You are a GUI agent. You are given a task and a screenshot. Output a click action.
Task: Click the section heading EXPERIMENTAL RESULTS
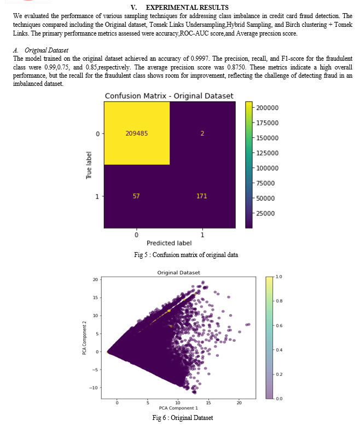(x=187, y=7)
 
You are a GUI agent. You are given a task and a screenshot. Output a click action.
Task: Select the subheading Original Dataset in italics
(x=46, y=50)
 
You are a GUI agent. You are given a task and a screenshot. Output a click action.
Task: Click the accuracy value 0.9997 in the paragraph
(x=200, y=59)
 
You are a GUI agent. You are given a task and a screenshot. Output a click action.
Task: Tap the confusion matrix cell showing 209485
(x=136, y=133)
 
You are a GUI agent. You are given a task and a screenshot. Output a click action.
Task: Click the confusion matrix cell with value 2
(x=202, y=133)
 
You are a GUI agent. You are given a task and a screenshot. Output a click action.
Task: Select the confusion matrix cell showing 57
(x=136, y=196)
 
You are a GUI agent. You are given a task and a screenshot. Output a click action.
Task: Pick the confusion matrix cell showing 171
(x=202, y=196)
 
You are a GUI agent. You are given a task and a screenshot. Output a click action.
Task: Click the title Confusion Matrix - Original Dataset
(x=169, y=96)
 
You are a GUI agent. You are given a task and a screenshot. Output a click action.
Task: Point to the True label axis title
(x=89, y=165)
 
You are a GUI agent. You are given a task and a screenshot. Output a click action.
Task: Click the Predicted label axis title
(x=169, y=243)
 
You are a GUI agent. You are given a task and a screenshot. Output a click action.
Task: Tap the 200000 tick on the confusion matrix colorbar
(x=268, y=108)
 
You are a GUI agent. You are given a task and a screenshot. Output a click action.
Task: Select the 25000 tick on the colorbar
(x=265, y=213)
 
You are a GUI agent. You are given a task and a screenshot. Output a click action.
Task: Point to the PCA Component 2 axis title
(x=84, y=338)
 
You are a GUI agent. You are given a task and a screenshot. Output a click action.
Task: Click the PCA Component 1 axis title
(x=178, y=408)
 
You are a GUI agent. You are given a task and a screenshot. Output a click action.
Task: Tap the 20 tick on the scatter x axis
(x=239, y=402)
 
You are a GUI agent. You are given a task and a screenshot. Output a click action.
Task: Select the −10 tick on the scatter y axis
(x=94, y=388)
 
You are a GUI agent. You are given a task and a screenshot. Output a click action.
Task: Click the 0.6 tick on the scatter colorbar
(x=279, y=325)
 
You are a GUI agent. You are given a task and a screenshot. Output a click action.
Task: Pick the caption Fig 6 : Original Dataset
(x=183, y=418)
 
